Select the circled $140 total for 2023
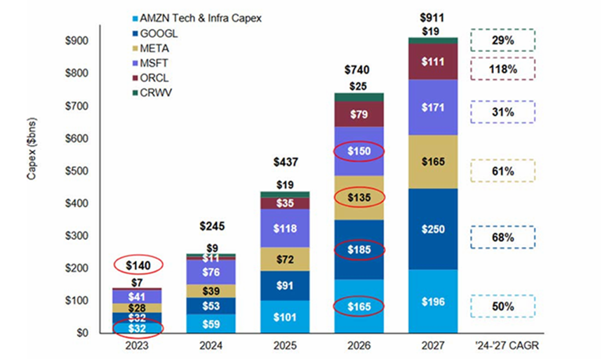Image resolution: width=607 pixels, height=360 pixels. click(138, 265)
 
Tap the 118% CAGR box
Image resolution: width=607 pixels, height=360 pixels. click(502, 69)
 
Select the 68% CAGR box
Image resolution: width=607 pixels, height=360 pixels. click(502, 238)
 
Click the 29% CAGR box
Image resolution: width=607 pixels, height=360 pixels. click(502, 40)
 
